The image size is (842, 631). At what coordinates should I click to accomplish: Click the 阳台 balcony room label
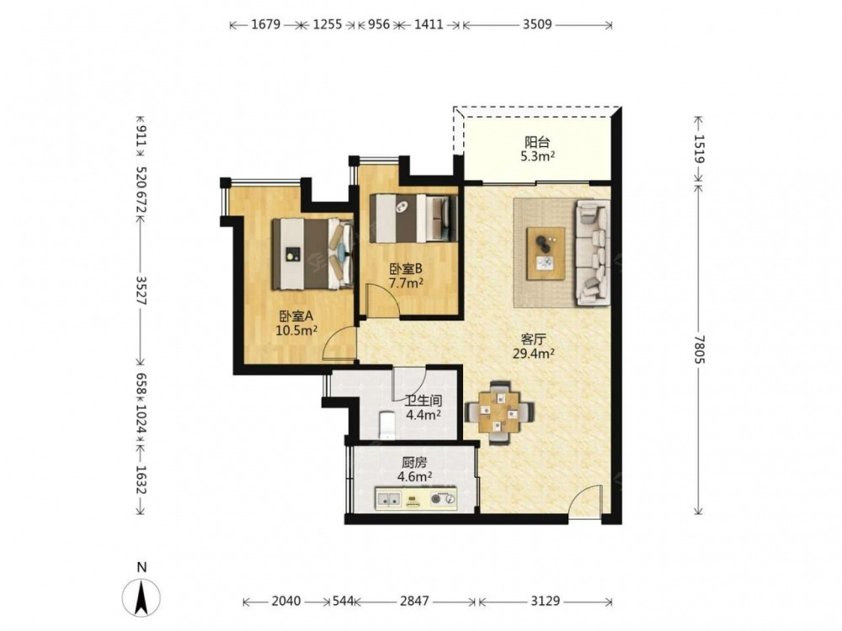(x=536, y=142)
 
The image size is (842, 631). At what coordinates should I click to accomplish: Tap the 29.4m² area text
(x=534, y=353)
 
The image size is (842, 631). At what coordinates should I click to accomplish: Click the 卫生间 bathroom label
(x=424, y=400)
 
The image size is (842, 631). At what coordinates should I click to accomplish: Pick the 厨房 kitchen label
(x=414, y=462)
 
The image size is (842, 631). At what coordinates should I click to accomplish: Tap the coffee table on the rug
(x=546, y=253)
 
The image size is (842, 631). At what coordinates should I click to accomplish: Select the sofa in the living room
(x=593, y=252)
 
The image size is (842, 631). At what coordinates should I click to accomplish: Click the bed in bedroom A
(x=312, y=254)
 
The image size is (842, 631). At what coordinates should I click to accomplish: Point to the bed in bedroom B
(x=413, y=218)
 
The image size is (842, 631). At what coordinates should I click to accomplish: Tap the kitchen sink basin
(x=388, y=499)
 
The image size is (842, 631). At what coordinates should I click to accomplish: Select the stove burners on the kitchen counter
(x=444, y=499)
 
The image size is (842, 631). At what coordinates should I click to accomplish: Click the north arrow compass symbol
(x=141, y=597)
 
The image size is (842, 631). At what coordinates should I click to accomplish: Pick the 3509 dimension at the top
(x=537, y=24)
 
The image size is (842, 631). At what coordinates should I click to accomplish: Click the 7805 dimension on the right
(x=698, y=349)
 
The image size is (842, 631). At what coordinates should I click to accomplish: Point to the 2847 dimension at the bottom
(x=414, y=602)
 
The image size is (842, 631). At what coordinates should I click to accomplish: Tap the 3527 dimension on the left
(x=141, y=290)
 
